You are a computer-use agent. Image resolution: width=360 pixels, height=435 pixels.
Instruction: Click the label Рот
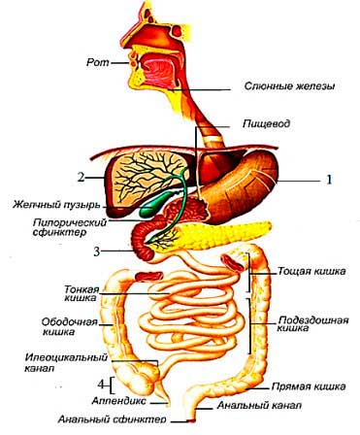tap(98, 62)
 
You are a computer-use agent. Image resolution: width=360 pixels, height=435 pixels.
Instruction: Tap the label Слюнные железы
tap(289, 86)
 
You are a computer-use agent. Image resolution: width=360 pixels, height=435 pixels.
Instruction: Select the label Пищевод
tap(266, 123)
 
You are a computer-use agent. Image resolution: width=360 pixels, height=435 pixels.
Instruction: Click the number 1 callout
tap(329, 180)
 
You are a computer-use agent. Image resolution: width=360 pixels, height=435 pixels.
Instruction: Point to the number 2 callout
tap(81, 177)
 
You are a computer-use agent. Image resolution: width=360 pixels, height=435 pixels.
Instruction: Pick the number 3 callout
tap(97, 251)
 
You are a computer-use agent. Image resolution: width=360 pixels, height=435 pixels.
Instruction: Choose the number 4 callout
tap(101, 385)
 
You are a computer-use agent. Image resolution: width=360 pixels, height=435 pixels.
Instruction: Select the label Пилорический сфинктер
tap(70, 227)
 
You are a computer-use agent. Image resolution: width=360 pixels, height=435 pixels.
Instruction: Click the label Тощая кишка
tap(311, 271)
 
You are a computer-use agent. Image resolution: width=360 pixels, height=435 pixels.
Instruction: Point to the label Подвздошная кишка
tap(313, 324)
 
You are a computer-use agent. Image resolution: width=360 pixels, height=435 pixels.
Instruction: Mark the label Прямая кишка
tap(309, 386)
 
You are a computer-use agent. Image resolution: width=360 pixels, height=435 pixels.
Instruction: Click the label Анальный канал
tap(259, 405)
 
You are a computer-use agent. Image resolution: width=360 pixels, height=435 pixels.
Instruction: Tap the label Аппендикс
tap(119, 401)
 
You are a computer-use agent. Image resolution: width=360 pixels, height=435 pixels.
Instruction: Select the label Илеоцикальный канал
tap(66, 362)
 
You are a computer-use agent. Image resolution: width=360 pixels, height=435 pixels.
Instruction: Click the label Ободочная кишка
tap(69, 326)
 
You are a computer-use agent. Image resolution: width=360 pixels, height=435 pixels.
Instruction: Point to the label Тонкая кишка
tap(82, 293)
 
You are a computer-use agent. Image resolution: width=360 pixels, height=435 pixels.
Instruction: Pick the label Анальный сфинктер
tap(113, 419)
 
